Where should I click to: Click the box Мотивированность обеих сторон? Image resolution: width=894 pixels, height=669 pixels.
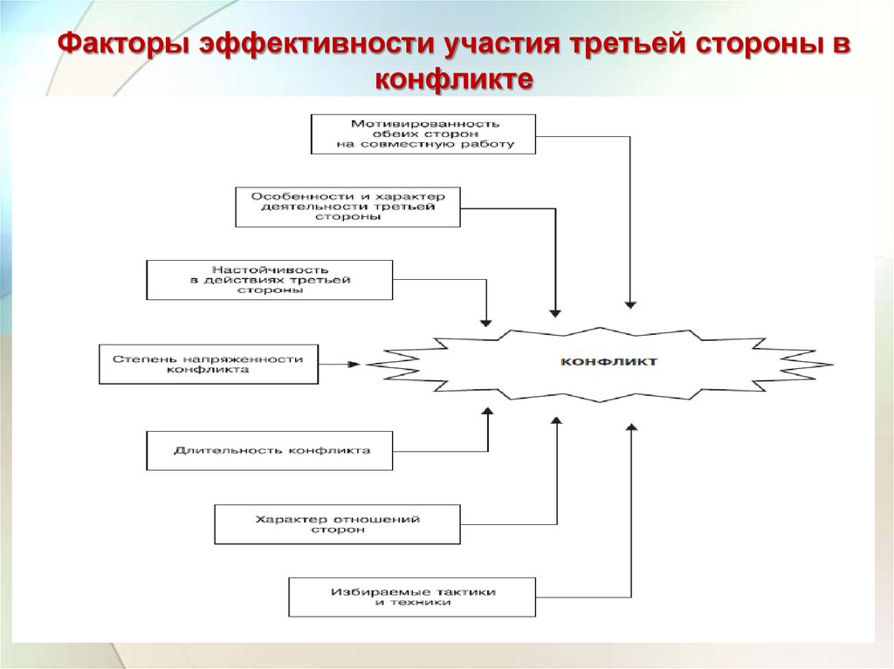(x=423, y=134)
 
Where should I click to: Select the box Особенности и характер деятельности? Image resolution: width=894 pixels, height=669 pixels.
(x=347, y=207)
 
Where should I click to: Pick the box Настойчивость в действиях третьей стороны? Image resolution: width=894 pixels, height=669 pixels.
(x=270, y=280)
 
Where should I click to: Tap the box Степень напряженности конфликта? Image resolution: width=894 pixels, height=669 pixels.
(x=209, y=364)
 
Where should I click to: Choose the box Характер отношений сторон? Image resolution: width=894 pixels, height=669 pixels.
(x=337, y=524)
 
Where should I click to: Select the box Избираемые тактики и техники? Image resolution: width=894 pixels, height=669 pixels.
(x=412, y=597)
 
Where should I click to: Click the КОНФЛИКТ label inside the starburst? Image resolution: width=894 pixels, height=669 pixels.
(x=609, y=361)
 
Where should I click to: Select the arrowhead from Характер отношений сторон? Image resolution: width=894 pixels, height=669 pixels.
(x=557, y=420)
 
